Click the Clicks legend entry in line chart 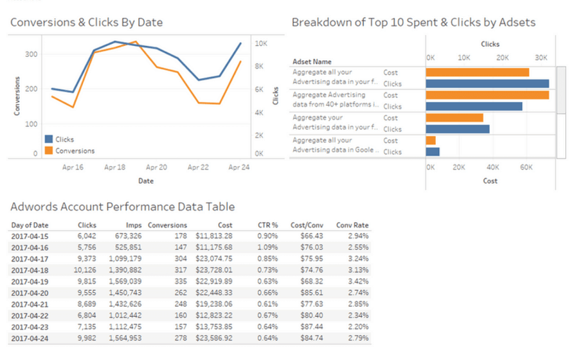[x=64, y=139]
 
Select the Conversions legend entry [x=75, y=151]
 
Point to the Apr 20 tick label [x=156, y=167]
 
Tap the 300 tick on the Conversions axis [x=31, y=54]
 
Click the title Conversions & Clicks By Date [x=86, y=22]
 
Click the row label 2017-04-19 [x=29, y=281]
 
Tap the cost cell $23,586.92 [x=214, y=337]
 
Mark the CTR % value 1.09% [x=267, y=247]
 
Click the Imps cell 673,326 [x=125, y=236]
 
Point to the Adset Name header [x=312, y=62]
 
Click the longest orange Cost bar [x=487, y=95]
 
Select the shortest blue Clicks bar [x=433, y=152]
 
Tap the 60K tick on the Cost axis [x=526, y=167]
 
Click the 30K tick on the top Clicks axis [x=541, y=58]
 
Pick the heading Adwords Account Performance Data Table [x=122, y=207]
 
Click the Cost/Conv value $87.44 [x=312, y=326]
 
